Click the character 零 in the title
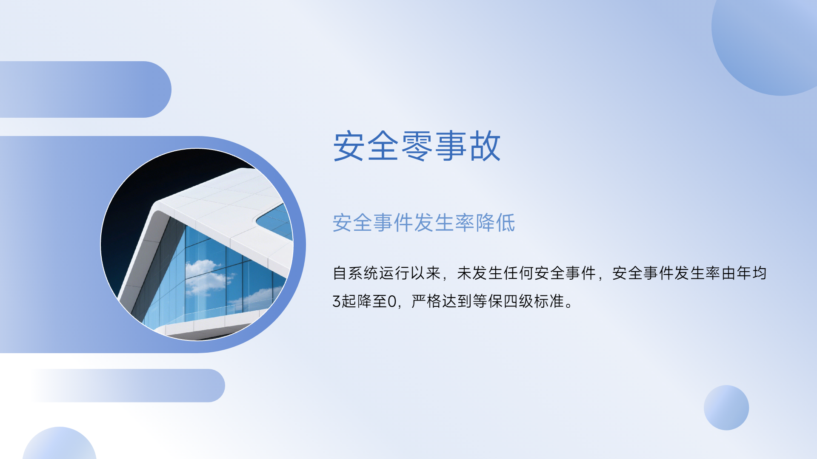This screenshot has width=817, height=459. click(417, 146)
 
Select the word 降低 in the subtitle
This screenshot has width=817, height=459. click(495, 223)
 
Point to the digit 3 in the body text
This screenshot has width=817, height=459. click(337, 301)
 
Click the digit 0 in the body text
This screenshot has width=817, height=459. click(392, 301)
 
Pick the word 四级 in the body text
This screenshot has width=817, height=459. click(518, 301)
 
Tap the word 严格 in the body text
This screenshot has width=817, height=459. click(426, 301)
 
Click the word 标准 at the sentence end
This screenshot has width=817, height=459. click(549, 301)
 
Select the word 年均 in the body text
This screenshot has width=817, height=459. click(752, 273)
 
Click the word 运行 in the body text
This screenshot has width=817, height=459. click(394, 273)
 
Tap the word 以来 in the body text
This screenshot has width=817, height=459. click(426, 273)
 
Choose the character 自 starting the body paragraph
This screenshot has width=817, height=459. click(340, 273)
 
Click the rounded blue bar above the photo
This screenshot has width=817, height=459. click(85, 89)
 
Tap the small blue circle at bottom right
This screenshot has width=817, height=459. click(726, 408)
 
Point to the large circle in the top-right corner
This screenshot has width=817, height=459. click(766, 47)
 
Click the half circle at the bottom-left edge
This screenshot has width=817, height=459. click(60, 444)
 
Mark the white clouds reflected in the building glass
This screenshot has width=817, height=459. click(209, 276)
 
